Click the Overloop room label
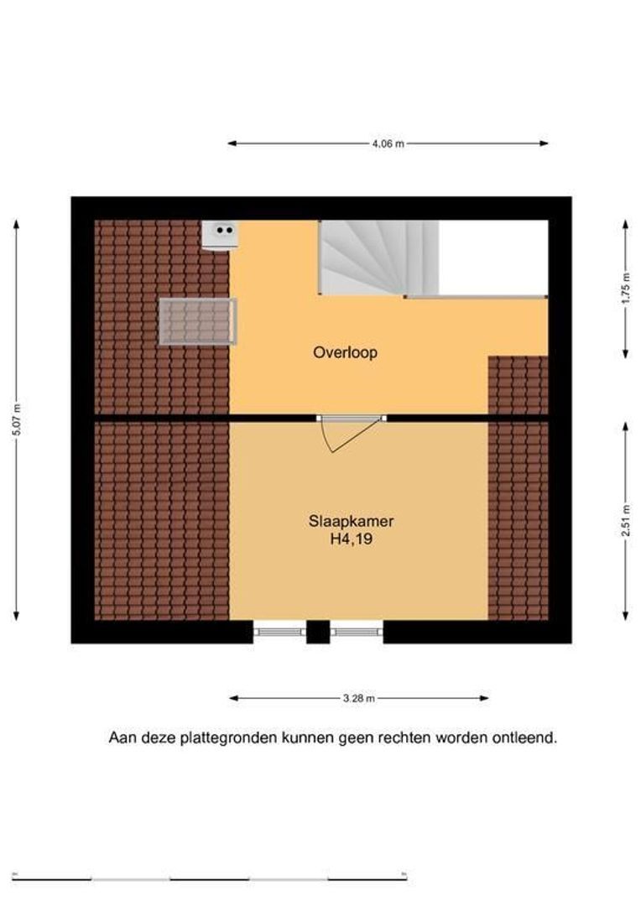345,351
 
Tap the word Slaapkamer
351,521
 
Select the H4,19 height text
351,539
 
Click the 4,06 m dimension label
388,144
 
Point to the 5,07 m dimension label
17,419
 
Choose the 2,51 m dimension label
625,521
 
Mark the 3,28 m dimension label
359,699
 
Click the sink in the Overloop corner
220,235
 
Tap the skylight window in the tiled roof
198,322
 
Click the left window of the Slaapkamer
279,633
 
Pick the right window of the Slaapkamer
357,633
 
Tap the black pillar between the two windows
318,633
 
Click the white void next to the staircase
493,258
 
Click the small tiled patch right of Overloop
518,385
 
